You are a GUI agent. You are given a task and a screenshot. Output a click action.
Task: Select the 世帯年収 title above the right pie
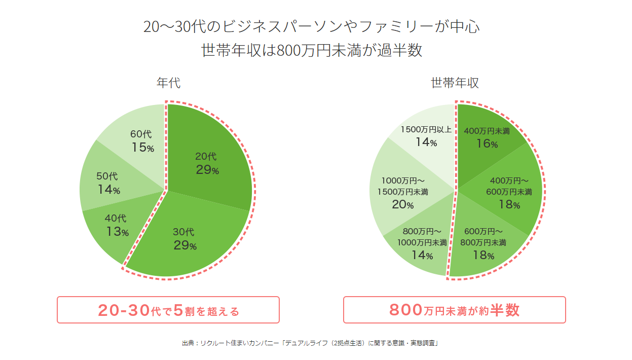[x=455, y=83]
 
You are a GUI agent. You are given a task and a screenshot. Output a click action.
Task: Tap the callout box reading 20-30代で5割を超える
[x=168, y=310]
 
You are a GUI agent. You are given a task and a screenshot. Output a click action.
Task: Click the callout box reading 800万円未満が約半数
[x=454, y=310]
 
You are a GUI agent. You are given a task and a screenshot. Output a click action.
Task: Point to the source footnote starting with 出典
[x=310, y=343]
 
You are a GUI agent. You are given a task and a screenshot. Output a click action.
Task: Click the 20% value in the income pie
[x=403, y=205]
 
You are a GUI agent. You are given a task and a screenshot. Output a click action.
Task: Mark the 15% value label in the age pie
[x=142, y=148]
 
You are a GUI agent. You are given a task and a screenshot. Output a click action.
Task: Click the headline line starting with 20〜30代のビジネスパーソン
[x=311, y=26]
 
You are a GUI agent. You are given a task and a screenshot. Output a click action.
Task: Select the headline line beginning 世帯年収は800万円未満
[x=311, y=51]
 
